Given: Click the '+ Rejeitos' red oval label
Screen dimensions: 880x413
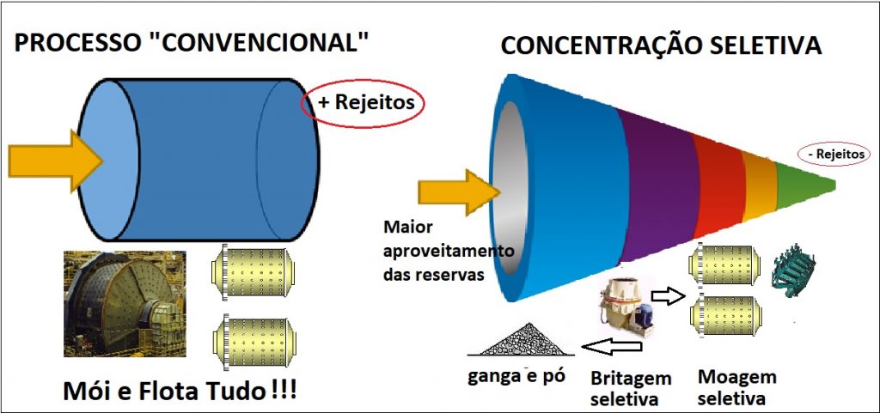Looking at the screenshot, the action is tap(363, 103).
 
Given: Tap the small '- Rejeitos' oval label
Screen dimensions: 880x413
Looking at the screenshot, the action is tap(834, 154).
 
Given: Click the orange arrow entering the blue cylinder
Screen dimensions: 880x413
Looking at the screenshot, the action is tap(55, 161).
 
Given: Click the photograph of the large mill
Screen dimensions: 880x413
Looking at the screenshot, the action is tap(125, 303).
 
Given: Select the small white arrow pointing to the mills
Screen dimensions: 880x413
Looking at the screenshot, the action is tap(668, 296).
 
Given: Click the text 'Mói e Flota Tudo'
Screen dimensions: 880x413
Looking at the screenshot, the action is tap(163, 391).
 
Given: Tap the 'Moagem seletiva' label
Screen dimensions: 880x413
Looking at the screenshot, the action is tap(736, 386).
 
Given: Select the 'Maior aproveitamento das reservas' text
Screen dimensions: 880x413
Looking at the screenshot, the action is tap(448, 252).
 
